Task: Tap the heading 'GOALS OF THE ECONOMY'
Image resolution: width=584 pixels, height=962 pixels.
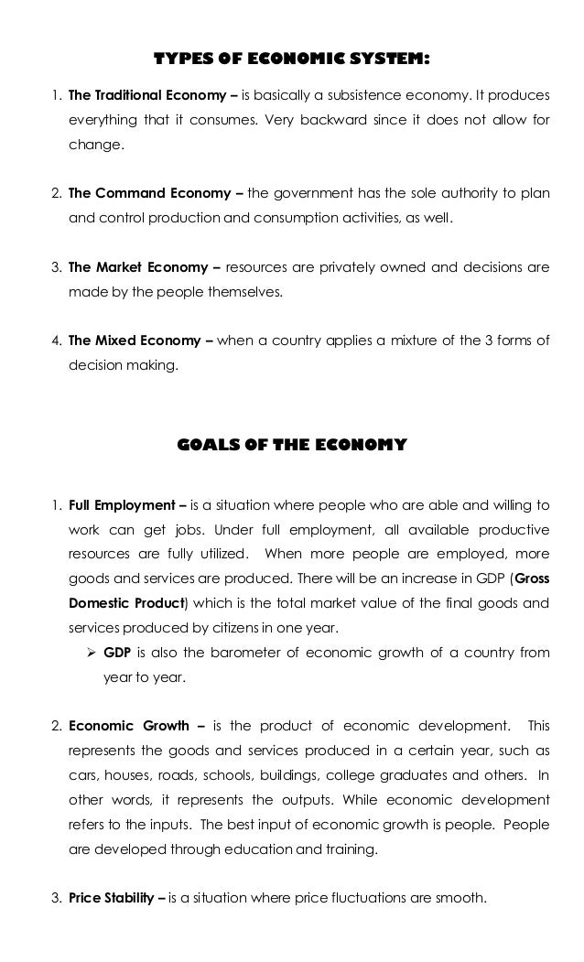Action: [291, 446]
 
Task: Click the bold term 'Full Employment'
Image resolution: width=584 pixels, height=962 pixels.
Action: [120, 505]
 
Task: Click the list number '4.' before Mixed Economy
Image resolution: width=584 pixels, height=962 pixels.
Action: [57, 341]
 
